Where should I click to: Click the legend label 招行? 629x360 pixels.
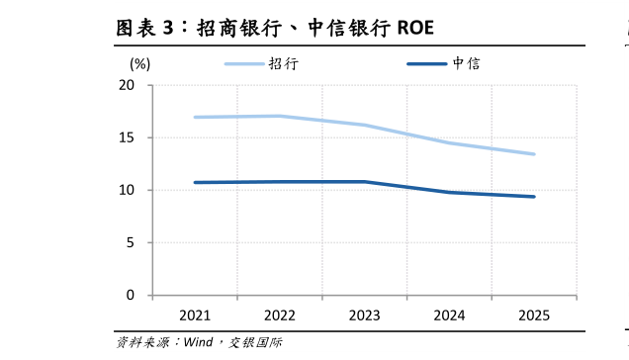[282, 63]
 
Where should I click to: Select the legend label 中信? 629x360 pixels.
[466, 63]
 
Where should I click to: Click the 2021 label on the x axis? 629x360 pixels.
[195, 315]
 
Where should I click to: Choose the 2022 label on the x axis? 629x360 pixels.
[280, 315]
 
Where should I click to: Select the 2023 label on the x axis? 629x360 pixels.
[365, 315]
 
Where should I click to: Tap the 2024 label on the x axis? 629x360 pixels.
[450, 315]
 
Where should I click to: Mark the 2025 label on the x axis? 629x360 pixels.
[534, 315]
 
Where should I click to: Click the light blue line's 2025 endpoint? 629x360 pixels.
[534, 154]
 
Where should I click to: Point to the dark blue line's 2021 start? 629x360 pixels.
[195, 182]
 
